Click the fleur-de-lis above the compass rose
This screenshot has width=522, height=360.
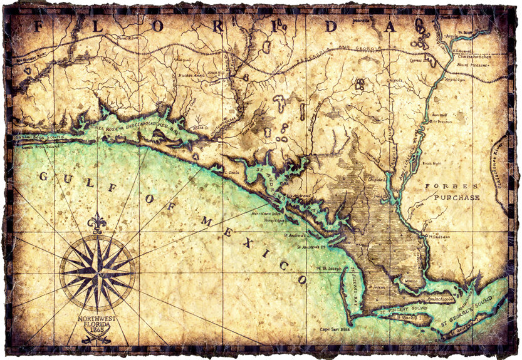pos(97,224)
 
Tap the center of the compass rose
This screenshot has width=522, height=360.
pos(97,272)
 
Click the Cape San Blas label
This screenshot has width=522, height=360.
pos(335,329)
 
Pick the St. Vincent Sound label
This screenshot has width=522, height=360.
pos(401,308)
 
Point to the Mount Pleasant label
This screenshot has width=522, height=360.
pos(474,64)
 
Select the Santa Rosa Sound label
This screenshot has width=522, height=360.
pos(31,136)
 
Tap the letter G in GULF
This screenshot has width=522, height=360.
pos(43,177)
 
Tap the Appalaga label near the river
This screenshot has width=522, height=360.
pos(456,80)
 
